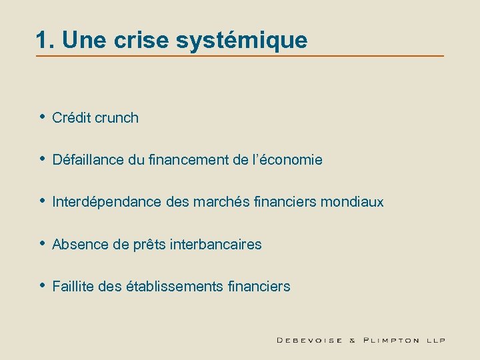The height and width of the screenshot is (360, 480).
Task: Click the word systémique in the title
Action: (x=242, y=41)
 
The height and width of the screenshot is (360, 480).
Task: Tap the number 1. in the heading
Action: (x=45, y=41)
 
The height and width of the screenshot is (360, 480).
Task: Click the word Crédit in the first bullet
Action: (x=71, y=118)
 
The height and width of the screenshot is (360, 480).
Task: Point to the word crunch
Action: (x=117, y=118)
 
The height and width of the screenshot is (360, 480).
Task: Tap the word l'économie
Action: (x=291, y=160)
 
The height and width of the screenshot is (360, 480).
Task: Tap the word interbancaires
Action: (x=216, y=245)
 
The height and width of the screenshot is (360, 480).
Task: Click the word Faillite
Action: (x=73, y=287)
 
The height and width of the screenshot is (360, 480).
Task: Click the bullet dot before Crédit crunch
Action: (x=42, y=117)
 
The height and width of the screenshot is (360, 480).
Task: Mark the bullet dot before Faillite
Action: (x=42, y=286)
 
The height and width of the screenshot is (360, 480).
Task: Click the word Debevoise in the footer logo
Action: (x=309, y=340)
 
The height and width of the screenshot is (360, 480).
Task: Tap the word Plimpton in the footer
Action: (x=392, y=340)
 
